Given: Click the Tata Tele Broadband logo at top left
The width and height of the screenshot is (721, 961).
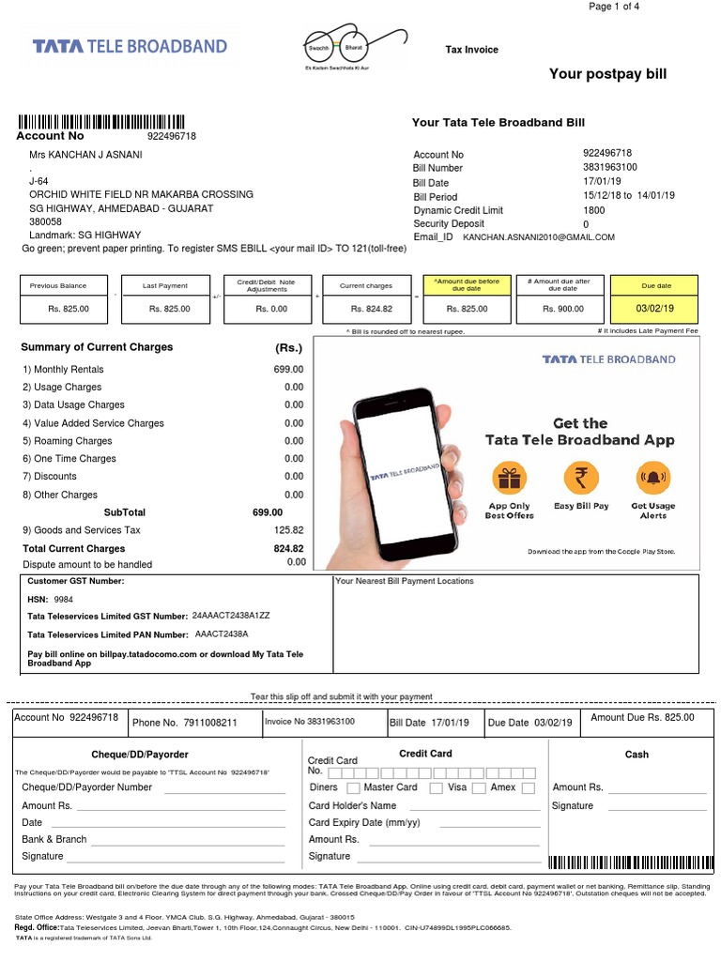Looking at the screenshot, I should (130, 46).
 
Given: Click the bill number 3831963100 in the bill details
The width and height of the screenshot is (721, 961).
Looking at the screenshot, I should (609, 167).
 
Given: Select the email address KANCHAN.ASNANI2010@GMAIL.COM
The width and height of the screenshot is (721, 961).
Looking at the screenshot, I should (539, 238).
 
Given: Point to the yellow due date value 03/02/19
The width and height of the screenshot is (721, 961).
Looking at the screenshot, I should (654, 308).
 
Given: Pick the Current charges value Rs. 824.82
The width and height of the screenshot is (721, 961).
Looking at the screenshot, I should (372, 308).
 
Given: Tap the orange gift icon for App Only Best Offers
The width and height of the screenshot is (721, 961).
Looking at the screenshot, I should (510, 480).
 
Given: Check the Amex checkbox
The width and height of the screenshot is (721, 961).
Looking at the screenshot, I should (529, 788).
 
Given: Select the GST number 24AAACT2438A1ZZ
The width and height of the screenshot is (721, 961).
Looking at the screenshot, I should (231, 616).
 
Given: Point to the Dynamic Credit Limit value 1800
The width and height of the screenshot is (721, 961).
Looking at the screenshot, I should (593, 210).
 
